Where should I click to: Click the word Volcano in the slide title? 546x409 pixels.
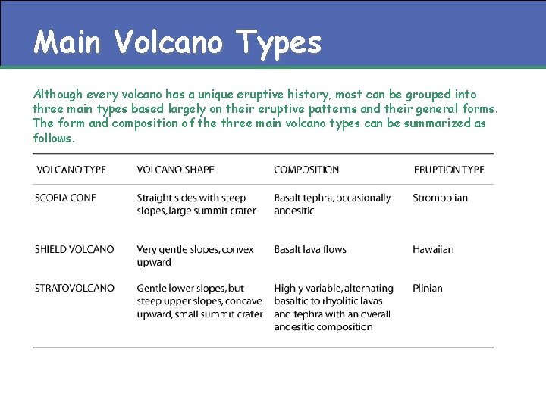pyautogui.click(x=168, y=42)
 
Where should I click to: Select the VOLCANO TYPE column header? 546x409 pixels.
pyautogui.click(x=71, y=170)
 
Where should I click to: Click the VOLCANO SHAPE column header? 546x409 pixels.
pyautogui.click(x=175, y=170)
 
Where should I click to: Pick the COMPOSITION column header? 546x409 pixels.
pyautogui.click(x=306, y=170)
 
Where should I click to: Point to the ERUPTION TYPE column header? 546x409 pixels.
pyautogui.click(x=449, y=170)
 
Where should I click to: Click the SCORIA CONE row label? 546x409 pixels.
pyautogui.click(x=65, y=198)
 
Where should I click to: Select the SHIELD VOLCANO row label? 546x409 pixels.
pyautogui.click(x=74, y=249)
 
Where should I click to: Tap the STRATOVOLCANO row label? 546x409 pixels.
pyautogui.click(x=74, y=288)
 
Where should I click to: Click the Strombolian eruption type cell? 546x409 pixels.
pyautogui.click(x=440, y=198)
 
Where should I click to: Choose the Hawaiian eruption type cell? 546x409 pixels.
pyautogui.click(x=433, y=249)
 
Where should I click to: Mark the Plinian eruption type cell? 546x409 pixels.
pyautogui.click(x=428, y=288)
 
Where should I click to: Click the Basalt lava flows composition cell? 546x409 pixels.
pyautogui.click(x=310, y=249)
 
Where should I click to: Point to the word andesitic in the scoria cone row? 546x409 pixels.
pyautogui.click(x=294, y=211)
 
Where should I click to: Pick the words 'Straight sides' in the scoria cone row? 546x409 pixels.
pyautogui.click(x=168, y=198)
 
